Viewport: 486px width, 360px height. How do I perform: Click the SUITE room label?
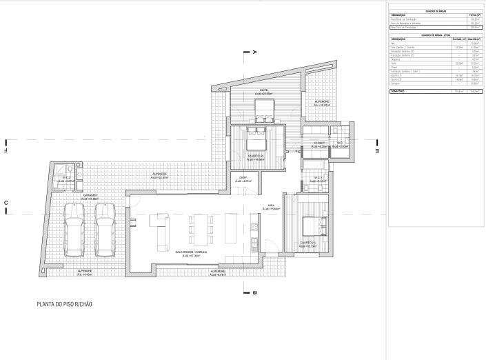(x=263, y=90)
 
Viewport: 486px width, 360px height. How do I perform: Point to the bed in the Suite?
(x=263, y=108)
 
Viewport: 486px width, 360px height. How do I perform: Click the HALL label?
(x=272, y=206)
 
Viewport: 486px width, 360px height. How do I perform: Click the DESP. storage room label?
(x=243, y=178)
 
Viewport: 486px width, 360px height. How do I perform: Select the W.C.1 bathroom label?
(x=318, y=178)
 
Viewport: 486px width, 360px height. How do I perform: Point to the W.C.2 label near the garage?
(x=67, y=178)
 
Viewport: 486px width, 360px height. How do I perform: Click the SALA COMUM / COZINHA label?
(x=191, y=252)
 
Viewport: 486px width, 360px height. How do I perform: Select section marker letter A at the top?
(x=254, y=52)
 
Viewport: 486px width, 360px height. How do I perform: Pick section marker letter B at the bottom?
(x=254, y=292)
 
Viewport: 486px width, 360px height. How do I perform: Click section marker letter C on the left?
(x=6, y=202)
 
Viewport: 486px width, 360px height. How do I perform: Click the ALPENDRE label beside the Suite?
(x=322, y=102)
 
